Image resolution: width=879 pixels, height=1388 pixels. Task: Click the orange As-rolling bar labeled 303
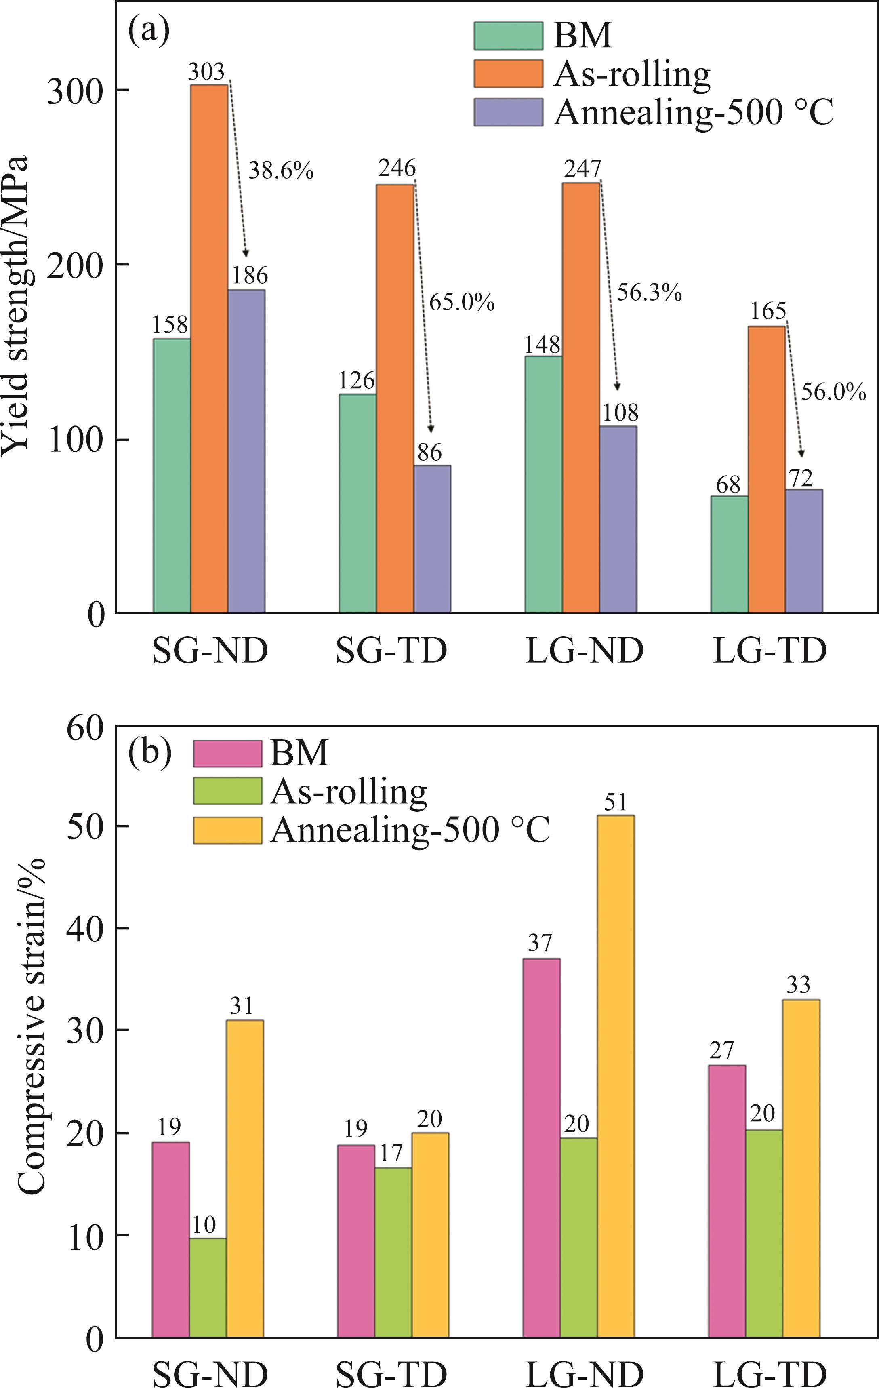coord(209,349)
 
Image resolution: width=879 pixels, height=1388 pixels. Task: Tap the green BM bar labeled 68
coord(729,554)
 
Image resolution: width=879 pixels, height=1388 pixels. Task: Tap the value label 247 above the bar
coord(582,169)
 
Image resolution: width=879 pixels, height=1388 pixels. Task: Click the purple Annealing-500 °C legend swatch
coord(509,112)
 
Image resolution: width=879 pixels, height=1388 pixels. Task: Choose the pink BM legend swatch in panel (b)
coord(228,753)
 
